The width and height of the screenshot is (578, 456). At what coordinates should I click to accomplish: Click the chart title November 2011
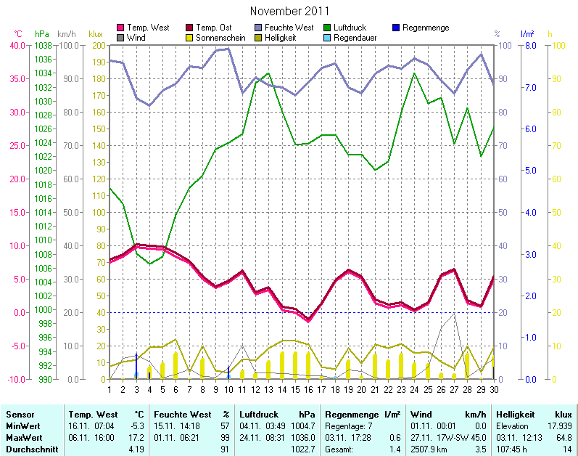point(289,11)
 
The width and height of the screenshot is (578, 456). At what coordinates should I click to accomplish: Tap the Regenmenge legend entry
point(425,28)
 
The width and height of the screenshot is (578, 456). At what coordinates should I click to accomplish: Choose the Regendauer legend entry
point(355,37)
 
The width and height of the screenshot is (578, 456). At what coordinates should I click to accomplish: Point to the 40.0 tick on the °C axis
point(17,45)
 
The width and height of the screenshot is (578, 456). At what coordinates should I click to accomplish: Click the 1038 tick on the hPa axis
point(42,45)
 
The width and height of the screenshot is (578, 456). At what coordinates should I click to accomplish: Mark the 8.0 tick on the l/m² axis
point(529,45)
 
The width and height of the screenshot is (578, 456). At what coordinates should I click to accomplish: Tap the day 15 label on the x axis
point(295,389)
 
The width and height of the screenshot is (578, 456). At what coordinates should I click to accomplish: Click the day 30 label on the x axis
point(494,389)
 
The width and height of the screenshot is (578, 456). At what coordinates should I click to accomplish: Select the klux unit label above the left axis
point(95,34)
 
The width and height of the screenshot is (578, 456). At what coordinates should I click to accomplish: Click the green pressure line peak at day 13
point(268,73)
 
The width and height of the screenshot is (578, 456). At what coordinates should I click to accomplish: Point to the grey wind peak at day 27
point(454,314)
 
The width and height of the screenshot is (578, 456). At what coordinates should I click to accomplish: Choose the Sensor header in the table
point(20,415)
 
